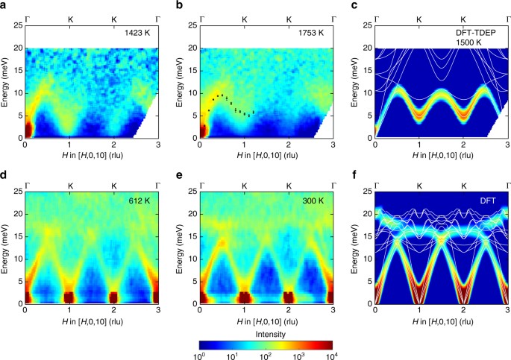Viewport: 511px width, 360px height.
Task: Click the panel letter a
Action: click(x=4, y=5)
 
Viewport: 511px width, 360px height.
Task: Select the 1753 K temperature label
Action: click(x=311, y=34)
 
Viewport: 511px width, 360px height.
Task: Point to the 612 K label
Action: click(x=139, y=199)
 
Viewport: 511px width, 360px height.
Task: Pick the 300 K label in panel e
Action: click(x=313, y=199)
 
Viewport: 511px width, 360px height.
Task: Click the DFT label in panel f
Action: click(x=489, y=199)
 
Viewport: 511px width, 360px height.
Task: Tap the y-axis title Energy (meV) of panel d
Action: click(x=6, y=246)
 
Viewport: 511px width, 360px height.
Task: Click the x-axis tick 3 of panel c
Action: click(x=507, y=145)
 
